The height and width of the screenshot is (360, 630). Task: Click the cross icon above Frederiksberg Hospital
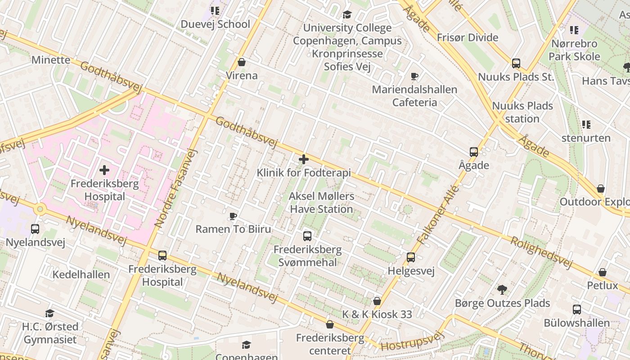[x=104, y=170]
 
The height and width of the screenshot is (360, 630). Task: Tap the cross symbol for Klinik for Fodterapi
[x=304, y=159]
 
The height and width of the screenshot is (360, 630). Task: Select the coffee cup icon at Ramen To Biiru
[x=233, y=216]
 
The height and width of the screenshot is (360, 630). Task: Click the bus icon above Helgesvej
[x=411, y=257]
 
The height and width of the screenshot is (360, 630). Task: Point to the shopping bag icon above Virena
[x=242, y=62]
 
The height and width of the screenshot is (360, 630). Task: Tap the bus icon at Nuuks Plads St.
[x=516, y=63]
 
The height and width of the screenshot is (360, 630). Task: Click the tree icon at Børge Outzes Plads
[x=502, y=290]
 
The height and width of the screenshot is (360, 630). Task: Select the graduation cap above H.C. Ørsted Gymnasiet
[x=50, y=313]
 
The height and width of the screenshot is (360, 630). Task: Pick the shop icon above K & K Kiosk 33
[x=377, y=301]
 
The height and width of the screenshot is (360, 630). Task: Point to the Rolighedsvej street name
[x=541, y=252]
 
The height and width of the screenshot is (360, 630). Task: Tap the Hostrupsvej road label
[x=412, y=341]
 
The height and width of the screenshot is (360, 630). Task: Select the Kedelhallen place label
[x=81, y=274]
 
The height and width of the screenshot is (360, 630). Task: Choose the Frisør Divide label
[x=468, y=38]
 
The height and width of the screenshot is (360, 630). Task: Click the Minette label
[x=50, y=60]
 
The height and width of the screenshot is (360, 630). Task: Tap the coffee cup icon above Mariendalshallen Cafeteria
[x=414, y=76]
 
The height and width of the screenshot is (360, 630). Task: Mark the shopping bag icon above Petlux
[x=603, y=272]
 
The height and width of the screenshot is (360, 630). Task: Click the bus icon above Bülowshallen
[x=577, y=310]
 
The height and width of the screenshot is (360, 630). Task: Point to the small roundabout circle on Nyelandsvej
[x=40, y=208]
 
